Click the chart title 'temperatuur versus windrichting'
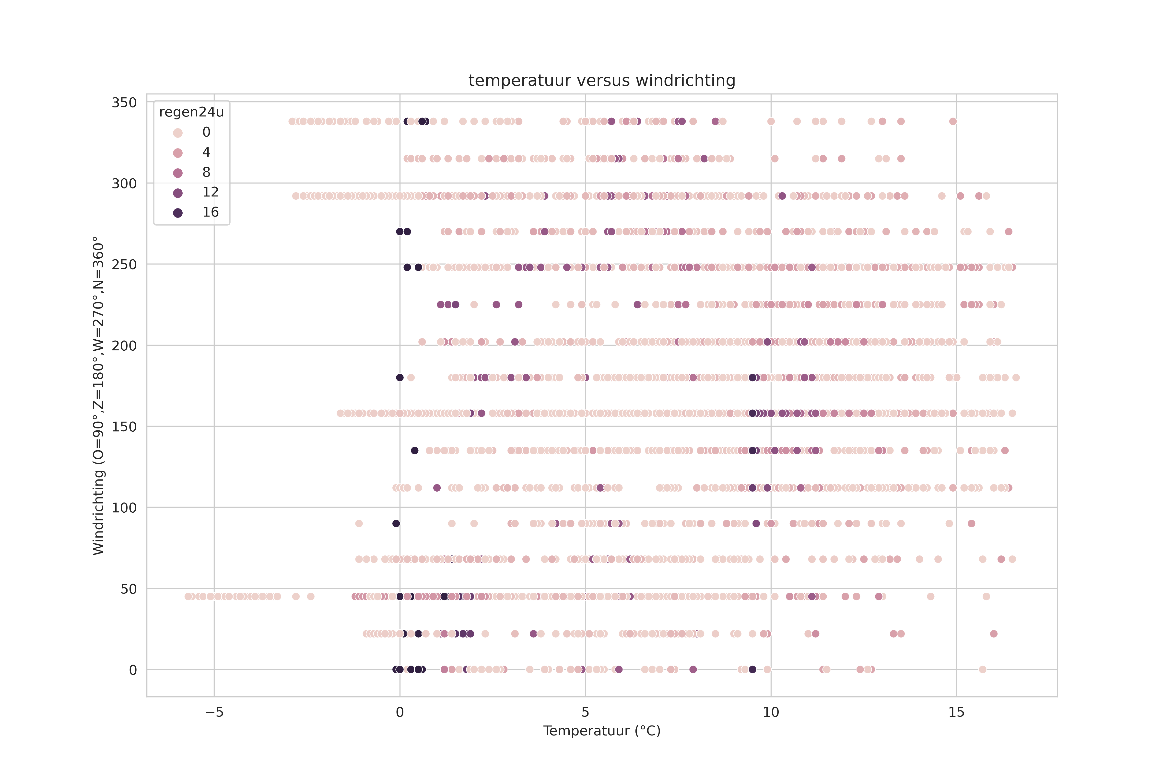[601, 81]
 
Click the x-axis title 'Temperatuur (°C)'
[601, 731]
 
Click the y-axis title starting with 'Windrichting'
[98, 395]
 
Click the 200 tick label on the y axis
[124, 345]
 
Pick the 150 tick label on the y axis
[124, 426]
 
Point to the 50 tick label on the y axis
[128, 589]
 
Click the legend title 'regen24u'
[191, 112]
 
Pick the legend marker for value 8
[178, 173]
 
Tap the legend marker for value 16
[178, 213]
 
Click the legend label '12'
[210, 192]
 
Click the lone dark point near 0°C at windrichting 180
[400, 378]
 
